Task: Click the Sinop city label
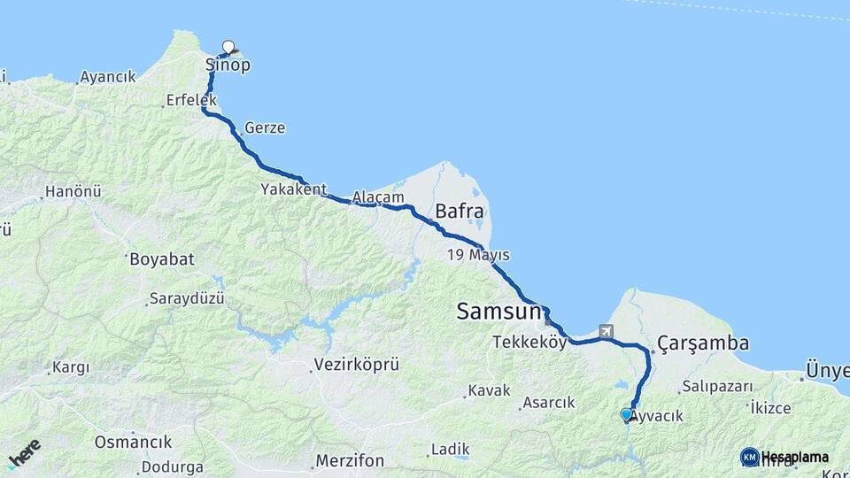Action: pyautogui.click(x=228, y=66)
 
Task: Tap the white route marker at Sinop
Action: pyautogui.click(x=228, y=47)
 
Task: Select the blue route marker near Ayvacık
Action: pyautogui.click(x=627, y=414)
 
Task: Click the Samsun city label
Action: pyautogui.click(x=498, y=312)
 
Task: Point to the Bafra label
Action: pyautogui.click(x=459, y=212)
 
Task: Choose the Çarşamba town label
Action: pyautogui.click(x=704, y=343)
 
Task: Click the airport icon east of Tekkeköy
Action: pyautogui.click(x=607, y=332)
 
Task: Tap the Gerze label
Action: pyautogui.click(x=265, y=127)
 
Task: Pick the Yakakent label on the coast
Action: pyautogui.click(x=293, y=189)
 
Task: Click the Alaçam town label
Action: pyautogui.click(x=378, y=197)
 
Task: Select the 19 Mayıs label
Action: pyautogui.click(x=478, y=255)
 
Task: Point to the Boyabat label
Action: pyautogui.click(x=161, y=260)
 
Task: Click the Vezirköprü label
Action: pyautogui.click(x=357, y=365)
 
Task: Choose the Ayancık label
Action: pyautogui.click(x=108, y=77)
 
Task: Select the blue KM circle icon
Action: pyautogui.click(x=749, y=457)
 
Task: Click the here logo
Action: pyautogui.click(x=24, y=453)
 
